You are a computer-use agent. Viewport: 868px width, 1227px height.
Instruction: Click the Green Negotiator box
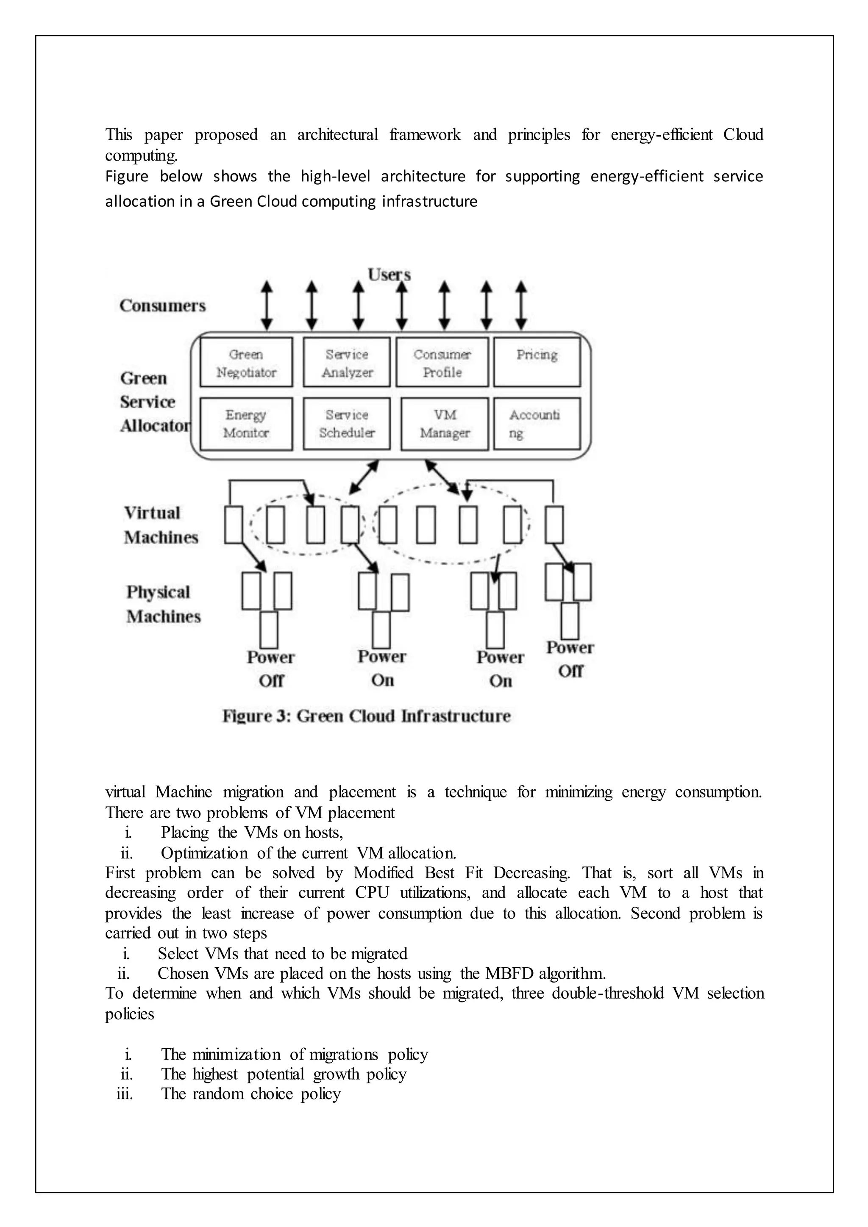[246, 362]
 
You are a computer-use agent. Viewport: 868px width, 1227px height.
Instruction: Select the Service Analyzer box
[347, 362]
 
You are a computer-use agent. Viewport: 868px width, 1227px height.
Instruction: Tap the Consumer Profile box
[442, 362]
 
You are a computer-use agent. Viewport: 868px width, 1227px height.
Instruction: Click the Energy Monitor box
[246, 423]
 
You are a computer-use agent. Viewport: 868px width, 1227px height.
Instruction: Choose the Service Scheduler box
[347, 423]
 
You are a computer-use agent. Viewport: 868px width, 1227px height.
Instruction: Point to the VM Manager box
[445, 423]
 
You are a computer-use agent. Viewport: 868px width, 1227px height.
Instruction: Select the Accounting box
[537, 423]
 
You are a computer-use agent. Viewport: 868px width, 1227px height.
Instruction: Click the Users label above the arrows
[389, 275]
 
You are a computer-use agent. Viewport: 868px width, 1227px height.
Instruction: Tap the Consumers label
[162, 305]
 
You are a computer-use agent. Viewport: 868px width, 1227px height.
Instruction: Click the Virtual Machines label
[160, 525]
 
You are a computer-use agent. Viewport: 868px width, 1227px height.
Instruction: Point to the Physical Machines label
[163, 604]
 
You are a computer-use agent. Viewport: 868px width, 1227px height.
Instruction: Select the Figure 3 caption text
[366, 716]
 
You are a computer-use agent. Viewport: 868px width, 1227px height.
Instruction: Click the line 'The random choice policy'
[250, 1094]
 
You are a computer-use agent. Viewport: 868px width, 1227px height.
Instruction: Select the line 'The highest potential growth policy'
[283, 1074]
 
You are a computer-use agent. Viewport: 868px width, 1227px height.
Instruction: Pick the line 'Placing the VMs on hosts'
[252, 832]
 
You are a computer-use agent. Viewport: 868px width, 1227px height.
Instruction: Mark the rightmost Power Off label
[570, 659]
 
